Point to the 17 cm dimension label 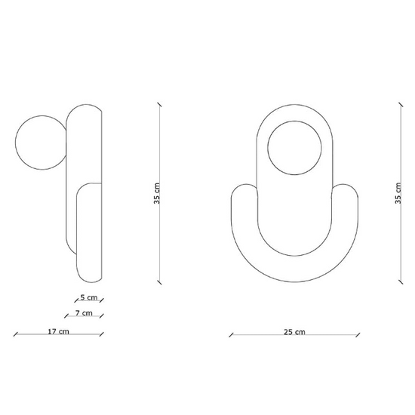58,331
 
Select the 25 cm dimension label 294,331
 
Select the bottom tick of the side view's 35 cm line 161,281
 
